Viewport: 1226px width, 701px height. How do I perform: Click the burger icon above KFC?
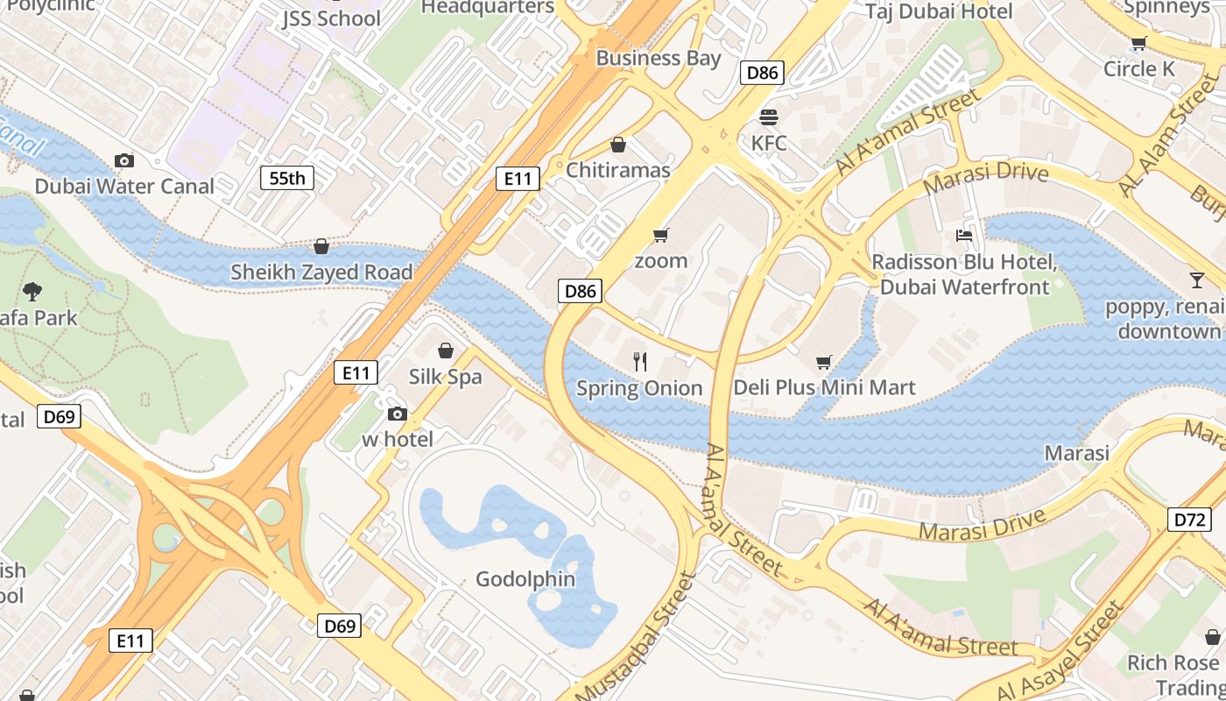tap(769, 117)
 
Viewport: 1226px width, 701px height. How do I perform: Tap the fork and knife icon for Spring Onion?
tap(640, 361)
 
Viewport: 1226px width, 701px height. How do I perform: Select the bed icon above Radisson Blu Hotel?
tap(963, 235)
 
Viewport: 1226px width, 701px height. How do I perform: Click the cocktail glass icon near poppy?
tap(1196, 280)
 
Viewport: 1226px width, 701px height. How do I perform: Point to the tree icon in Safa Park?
tap(32, 291)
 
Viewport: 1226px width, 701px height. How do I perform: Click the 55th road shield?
tap(287, 179)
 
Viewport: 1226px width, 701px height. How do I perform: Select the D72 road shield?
tap(1190, 520)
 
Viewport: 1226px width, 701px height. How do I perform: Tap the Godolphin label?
tap(525, 579)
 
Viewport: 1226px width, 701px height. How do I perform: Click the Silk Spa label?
tap(446, 377)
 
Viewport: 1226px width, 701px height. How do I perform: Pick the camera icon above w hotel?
tap(398, 414)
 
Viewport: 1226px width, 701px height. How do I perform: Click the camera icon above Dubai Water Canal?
tap(124, 160)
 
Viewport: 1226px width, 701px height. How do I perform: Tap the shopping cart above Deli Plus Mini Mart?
tap(823, 362)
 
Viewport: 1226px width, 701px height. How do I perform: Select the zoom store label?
tap(660, 260)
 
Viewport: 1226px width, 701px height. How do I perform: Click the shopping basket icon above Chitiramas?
tap(618, 145)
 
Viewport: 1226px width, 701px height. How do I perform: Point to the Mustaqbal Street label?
tap(638, 639)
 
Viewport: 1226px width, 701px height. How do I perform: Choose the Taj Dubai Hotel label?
tap(939, 11)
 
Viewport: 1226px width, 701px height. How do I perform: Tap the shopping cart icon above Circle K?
tap(1138, 44)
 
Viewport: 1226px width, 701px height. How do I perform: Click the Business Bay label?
tap(659, 58)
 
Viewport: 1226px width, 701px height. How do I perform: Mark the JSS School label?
tap(331, 18)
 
